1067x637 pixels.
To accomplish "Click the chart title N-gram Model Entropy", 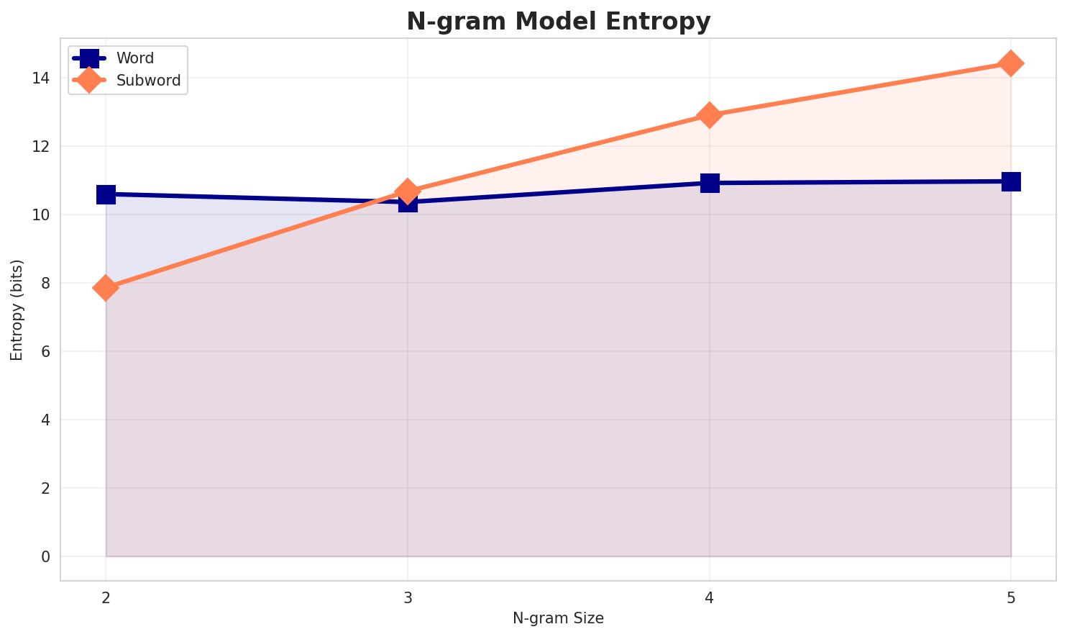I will click(x=558, y=22).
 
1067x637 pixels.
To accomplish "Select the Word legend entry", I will click(x=135, y=58).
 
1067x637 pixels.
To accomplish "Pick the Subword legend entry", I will click(x=148, y=81).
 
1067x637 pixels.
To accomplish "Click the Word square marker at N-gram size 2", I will click(x=106, y=194).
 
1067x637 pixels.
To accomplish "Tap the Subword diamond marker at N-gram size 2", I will click(x=106, y=288).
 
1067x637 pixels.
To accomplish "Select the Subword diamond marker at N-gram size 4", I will click(x=710, y=115).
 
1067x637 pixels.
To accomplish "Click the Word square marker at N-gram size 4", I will click(x=710, y=183).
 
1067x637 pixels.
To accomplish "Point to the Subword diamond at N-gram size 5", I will click(x=1011, y=63).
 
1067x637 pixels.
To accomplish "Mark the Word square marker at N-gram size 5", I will click(x=1011, y=181).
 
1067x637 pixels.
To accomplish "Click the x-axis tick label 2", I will click(x=106, y=597).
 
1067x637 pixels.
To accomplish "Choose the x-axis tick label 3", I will click(x=408, y=597).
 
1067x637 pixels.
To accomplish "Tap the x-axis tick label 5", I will click(x=1011, y=597).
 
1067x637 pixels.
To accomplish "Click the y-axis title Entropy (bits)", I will click(x=17, y=310).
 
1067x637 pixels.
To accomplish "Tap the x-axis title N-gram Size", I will click(x=558, y=618).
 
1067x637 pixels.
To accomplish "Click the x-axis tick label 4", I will click(x=710, y=597).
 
